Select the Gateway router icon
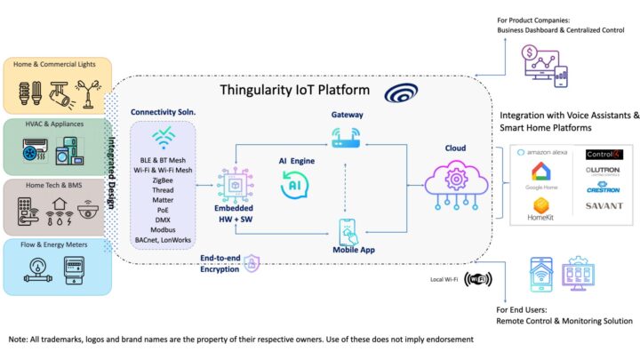point(347,138)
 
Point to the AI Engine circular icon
point(295,186)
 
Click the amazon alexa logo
point(548,153)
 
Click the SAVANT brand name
point(604,206)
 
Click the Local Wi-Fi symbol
point(477,279)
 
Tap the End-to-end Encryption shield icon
point(252,262)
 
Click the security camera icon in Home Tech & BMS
point(87,211)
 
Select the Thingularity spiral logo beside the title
point(396,94)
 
